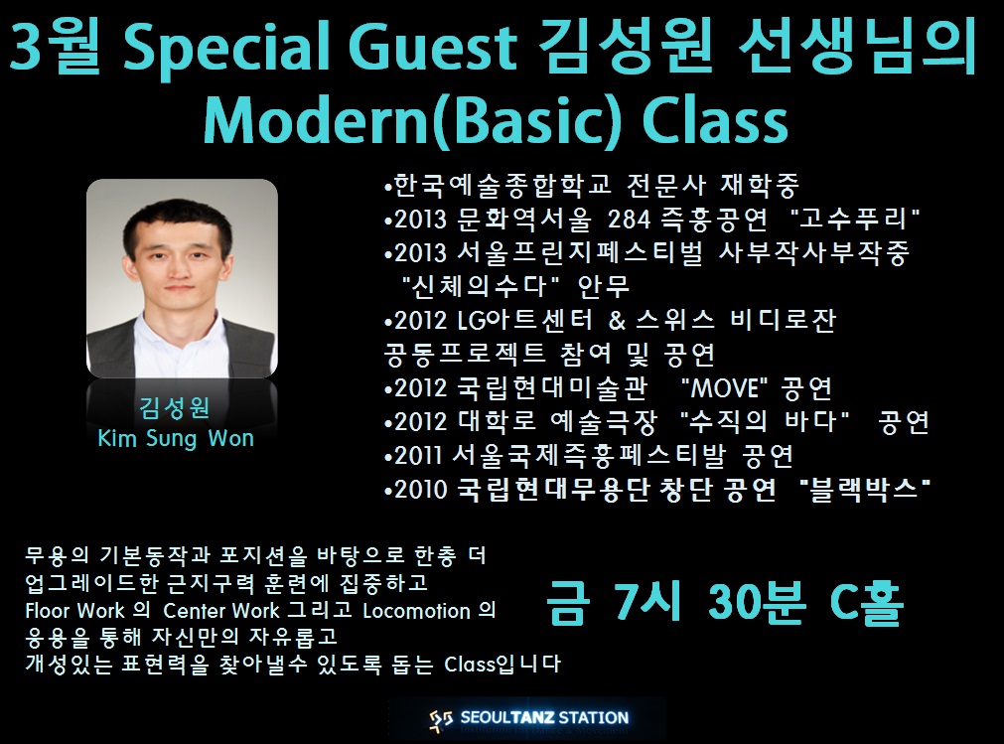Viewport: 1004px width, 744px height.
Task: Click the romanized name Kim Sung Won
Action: tap(176, 439)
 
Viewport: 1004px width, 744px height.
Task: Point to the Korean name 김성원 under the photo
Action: tap(175, 407)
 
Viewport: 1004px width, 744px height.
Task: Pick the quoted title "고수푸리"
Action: tap(855, 219)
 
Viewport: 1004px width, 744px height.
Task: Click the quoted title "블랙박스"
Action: tap(865, 489)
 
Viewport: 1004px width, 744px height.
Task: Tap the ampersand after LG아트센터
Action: tap(618, 320)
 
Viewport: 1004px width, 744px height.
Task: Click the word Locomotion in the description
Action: tap(417, 611)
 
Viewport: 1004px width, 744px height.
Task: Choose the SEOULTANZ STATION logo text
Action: tap(544, 718)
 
